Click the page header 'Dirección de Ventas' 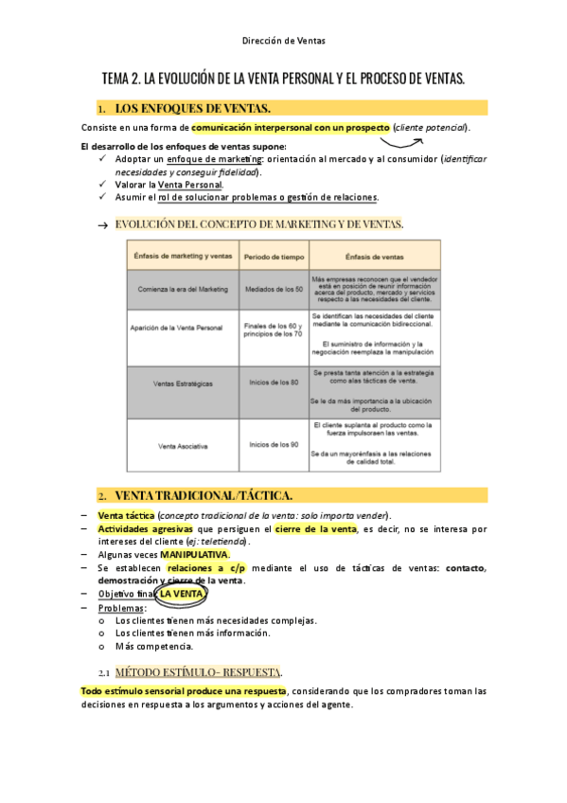click(x=283, y=41)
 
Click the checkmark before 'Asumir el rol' click(x=102, y=197)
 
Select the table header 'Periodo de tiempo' click(x=275, y=256)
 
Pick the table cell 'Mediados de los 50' click(x=275, y=288)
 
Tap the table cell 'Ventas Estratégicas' click(x=183, y=383)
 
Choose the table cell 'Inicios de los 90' click(x=275, y=444)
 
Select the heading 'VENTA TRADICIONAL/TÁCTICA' click(x=204, y=495)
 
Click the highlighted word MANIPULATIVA click(x=194, y=554)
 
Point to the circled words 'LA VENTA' click(x=180, y=594)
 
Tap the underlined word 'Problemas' click(x=118, y=608)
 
